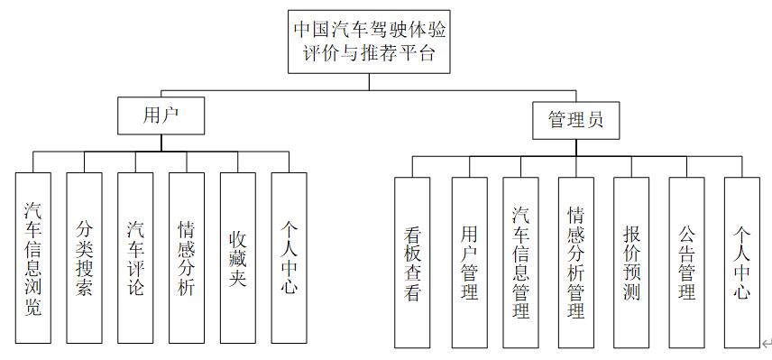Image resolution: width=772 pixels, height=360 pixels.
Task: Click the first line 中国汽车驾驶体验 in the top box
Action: [x=370, y=28]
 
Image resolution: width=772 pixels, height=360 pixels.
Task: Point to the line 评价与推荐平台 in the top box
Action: [x=370, y=53]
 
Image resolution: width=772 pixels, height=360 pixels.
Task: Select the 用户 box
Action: [x=161, y=115]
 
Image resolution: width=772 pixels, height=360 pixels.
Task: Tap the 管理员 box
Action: [x=575, y=120]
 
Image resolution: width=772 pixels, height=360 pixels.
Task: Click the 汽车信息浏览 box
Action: [x=33, y=258]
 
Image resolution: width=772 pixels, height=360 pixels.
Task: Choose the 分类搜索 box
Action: [x=84, y=258]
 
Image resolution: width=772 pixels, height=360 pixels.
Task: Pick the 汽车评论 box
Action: [x=135, y=258]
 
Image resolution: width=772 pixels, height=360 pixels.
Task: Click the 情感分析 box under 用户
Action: [x=187, y=258]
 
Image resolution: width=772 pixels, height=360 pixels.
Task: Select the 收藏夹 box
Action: [x=238, y=258]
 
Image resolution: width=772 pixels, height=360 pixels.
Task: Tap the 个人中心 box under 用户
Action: [x=289, y=258]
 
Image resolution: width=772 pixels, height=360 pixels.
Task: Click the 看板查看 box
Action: [x=412, y=263]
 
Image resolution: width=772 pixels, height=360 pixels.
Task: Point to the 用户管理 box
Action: [x=469, y=263]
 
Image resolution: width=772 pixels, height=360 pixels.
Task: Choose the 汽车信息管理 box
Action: [x=520, y=263]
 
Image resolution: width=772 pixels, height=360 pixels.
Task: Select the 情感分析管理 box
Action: [x=575, y=263]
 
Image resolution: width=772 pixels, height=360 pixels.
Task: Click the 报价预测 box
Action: [x=631, y=263]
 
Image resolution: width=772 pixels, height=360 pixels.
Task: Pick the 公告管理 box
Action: [x=686, y=263]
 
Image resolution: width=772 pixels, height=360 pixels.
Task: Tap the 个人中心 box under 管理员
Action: [x=742, y=263]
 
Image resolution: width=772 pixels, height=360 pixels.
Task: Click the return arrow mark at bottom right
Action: [x=766, y=343]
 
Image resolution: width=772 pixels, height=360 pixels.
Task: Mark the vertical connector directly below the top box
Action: [x=370, y=81]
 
